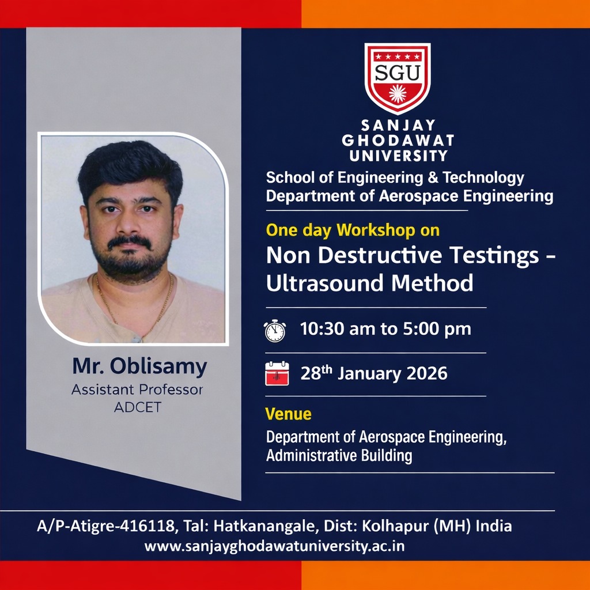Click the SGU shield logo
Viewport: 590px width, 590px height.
[x=398, y=78]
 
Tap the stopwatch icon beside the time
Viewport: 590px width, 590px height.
[x=275, y=330]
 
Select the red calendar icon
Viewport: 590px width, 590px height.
[x=276, y=373]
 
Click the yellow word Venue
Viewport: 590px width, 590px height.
[x=288, y=414]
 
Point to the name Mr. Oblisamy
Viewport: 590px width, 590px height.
[x=139, y=366]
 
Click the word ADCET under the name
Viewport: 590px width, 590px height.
[x=137, y=407]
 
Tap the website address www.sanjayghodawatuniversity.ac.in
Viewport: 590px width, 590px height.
[x=274, y=546]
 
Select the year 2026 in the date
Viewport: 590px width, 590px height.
[x=427, y=373]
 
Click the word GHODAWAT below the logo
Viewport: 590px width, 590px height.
[x=398, y=141]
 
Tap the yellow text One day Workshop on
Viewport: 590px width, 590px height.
[x=353, y=230]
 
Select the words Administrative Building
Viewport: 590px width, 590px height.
[x=339, y=456]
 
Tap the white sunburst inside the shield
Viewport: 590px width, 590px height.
[x=398, y=93]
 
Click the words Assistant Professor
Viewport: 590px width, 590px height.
[x=137, y=390]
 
